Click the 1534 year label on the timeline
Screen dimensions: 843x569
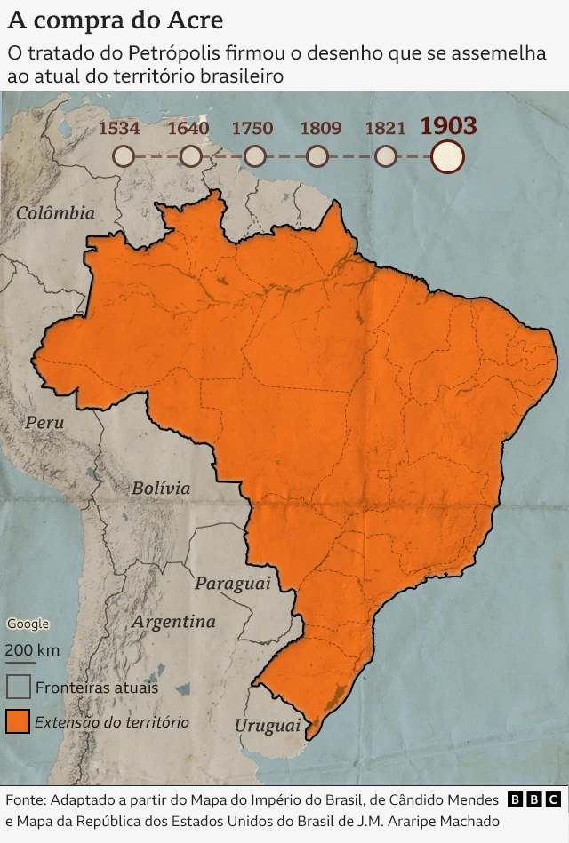(x=118, y=128)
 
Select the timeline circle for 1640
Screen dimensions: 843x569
(x=190, y=157)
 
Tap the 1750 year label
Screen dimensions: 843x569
(x=252, y=128)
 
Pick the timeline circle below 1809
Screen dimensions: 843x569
(x=317, y=157)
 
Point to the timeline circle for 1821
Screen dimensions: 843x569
(x=385, y=157)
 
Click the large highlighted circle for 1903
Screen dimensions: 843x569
(x=447, y=156)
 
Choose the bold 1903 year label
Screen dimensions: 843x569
(x=448, y=126)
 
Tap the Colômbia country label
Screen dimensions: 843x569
(x=55, y=212)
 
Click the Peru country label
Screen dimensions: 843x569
(x=44, y=423)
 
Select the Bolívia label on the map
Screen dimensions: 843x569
(x=161, y=488)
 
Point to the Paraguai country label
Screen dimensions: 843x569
(x=232, y=584)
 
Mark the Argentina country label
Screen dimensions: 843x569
(x=174, y=622)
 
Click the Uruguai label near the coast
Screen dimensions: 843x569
(x=268, y=726)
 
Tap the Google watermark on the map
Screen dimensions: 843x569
(x=28, y=624)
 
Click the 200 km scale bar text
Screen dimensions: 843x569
(x=32, y=649)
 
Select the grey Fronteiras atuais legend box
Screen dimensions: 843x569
(x=18, y=687)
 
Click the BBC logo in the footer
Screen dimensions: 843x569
(x=533, y=799)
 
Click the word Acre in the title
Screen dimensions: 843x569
(x=199, y=20)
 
